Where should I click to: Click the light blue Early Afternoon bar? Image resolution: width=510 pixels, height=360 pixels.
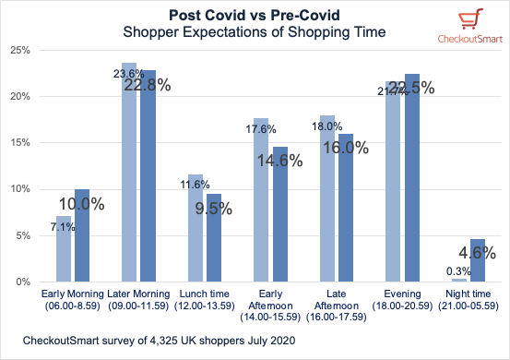pos(261,199)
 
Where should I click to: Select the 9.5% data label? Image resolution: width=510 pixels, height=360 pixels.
pos(214,208)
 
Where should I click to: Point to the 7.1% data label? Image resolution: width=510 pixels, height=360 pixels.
pos(69,227)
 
